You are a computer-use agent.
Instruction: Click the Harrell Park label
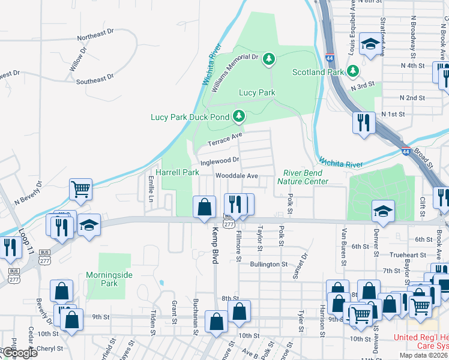[x=177, y=172]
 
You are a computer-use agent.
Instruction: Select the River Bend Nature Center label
[x=303, y=177]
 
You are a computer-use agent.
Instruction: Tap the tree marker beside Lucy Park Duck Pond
[x=240, y=115]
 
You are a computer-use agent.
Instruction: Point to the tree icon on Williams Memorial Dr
[x=270, y=58]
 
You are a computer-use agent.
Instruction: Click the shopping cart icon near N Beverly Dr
[x=80, y=189]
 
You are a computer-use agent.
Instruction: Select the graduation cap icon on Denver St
[x=383, y=210]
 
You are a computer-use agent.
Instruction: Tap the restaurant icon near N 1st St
[x=364, y=122]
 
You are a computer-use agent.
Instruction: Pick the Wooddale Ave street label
[x=237, y=176]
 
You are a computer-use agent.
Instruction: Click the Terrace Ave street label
[x=223, y=142]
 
